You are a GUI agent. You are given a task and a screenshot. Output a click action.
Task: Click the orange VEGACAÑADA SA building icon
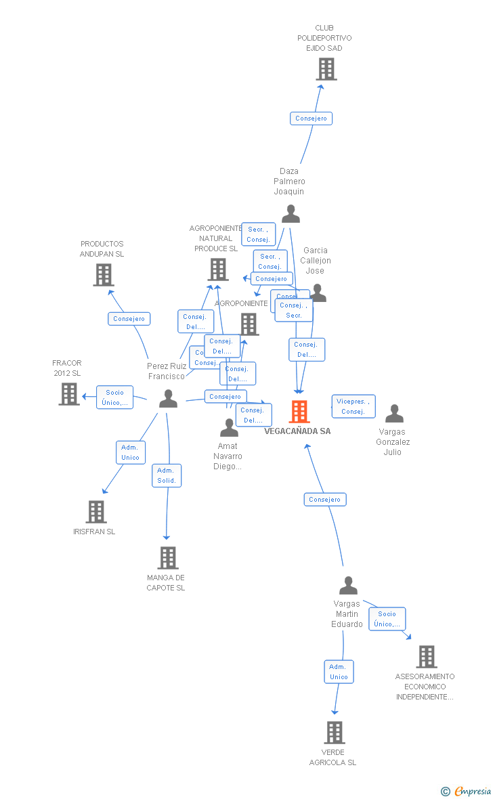point(299,412)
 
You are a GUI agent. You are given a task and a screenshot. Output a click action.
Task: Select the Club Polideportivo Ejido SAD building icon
point(326,69)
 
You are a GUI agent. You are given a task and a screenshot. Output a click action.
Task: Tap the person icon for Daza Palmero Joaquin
point(291,214)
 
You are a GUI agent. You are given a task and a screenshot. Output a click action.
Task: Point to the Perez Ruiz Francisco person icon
point(168,399)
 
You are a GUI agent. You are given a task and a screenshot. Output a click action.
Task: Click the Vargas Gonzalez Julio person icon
point(394,414)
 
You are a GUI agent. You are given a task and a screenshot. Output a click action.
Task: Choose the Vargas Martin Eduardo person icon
point(348,586)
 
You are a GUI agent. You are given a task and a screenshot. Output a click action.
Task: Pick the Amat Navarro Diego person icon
point(229,428)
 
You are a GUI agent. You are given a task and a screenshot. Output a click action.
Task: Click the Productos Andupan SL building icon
point(103,275)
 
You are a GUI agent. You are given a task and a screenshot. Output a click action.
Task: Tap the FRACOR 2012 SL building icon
point(68,393)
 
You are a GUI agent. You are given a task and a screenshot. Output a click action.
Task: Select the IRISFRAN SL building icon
point(96,512)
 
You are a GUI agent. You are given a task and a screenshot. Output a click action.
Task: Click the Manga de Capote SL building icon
point(167,558)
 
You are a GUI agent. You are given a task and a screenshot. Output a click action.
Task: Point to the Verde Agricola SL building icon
point(334,733)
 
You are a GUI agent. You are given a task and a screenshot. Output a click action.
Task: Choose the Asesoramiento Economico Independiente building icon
point(426,657)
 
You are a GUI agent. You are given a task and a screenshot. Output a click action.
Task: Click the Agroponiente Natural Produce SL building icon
point(217,269)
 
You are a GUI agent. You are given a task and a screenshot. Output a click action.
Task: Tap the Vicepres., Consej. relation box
point(353,406)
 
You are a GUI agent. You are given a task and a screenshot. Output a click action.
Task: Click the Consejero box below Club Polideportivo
point(312,118)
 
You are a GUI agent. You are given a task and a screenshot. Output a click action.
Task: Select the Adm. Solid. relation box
point(167,475)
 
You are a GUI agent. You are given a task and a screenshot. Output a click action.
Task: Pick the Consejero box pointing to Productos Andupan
point(129,319)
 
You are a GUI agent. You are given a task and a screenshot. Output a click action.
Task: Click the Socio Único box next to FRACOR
point(114,397)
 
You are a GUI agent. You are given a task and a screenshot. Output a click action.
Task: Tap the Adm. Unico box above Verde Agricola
point(339,672)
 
